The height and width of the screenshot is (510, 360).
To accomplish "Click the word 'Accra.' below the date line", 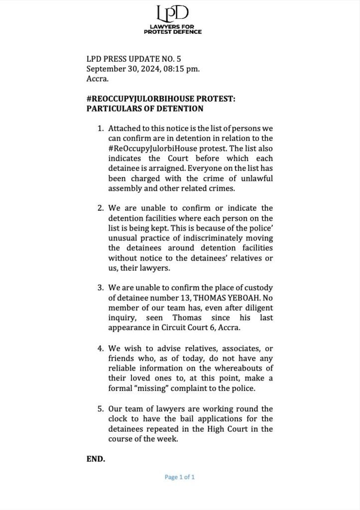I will pyautogui.click(x=98, y=78).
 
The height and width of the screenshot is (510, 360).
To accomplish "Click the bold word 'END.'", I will pyautogui.click(x=96, y=459).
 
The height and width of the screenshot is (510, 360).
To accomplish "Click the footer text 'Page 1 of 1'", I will pyautogui.click(x=180, y=477).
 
